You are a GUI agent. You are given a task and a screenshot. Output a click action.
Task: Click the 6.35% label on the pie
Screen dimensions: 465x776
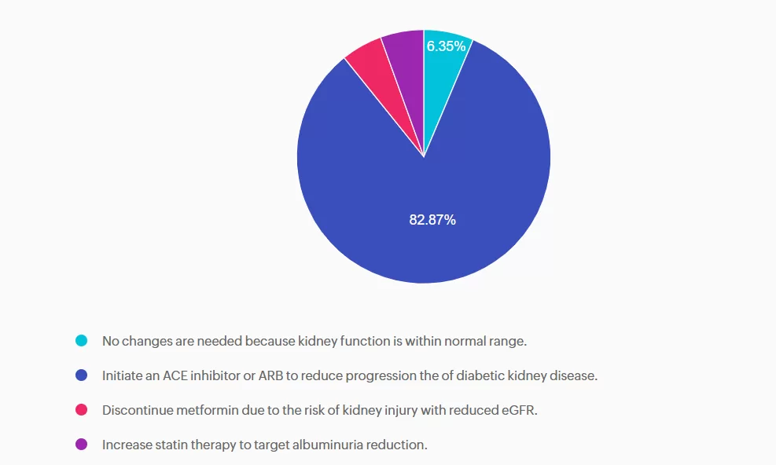[x=446, y=46]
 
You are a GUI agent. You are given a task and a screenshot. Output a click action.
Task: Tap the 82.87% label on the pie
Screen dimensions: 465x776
[x=432, y=220]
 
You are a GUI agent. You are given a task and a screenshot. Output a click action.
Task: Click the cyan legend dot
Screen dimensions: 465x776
[x=81, y=341]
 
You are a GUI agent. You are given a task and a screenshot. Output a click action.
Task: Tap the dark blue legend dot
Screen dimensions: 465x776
[x=81, y=375]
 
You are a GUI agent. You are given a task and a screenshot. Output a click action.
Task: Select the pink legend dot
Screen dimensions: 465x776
[x=81, y=410]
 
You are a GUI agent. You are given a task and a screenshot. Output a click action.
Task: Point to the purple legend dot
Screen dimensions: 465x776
[x=81, y=445]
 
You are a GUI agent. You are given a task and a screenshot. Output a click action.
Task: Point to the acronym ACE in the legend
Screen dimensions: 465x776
[x=177, y=375]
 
